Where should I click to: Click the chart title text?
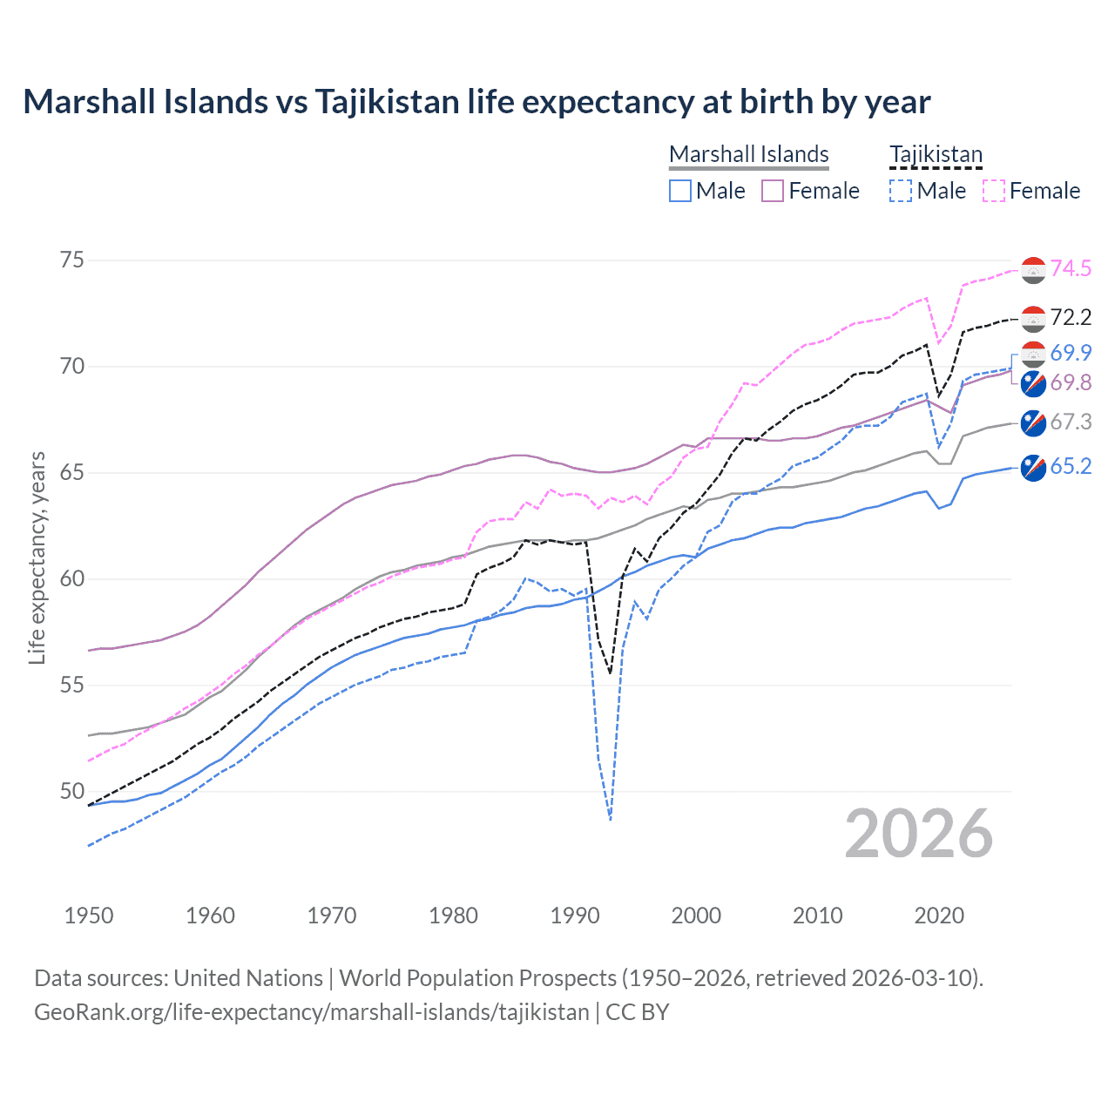click(476, 102)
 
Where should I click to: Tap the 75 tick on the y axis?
click(72, 260)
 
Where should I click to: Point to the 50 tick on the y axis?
click(72, 792)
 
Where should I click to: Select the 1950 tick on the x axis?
click(89, 916)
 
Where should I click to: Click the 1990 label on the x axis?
click(575, 916)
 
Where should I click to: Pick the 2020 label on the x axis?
click(939, 916)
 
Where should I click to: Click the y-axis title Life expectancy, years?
click(37, 557)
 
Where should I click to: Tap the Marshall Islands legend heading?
click(748, 154)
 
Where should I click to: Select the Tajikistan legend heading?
click(936, 154)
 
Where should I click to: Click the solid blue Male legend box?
click(680, 191)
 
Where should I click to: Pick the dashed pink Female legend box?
click(994, 191)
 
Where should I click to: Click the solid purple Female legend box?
click(773, 191)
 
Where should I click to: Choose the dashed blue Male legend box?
click(901, 191)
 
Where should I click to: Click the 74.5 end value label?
click(1071, 268)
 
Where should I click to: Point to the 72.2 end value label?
click(1071, 317)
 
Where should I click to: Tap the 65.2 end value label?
click(1071, 466)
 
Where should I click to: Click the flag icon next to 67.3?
click(1033, 422)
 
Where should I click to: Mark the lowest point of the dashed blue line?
click(611, 820)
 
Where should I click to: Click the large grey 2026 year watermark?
click(919, 834)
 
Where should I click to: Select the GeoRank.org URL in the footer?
click(312, 1012)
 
